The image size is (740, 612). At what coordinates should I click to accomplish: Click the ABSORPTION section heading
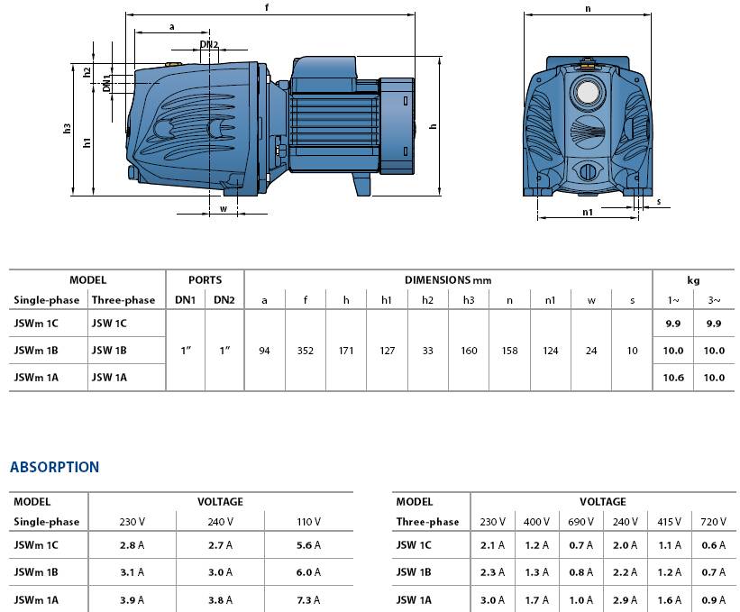54,467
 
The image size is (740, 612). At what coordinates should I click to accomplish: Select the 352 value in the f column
306,351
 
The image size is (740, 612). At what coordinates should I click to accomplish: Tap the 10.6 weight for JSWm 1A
673,378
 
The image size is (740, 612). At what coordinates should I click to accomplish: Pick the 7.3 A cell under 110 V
308,599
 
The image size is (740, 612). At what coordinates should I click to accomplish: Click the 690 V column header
580,521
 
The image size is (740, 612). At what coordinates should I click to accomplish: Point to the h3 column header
469,300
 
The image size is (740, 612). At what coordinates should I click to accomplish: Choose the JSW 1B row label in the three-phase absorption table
414,572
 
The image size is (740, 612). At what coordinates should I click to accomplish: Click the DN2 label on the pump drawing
209,44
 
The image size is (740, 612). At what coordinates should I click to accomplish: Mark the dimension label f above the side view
267,7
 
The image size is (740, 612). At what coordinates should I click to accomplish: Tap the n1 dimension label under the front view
588,212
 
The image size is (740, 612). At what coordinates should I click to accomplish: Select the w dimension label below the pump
224,208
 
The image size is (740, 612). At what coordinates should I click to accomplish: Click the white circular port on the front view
587,93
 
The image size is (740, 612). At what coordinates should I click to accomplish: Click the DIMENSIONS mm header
448,279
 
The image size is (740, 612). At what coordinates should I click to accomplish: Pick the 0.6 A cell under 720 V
713,545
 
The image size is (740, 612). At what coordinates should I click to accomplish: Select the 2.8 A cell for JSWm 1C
132,545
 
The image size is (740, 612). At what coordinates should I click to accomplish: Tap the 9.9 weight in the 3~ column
714,324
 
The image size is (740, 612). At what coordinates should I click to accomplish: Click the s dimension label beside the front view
659,202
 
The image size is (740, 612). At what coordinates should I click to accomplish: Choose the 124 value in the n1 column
551,351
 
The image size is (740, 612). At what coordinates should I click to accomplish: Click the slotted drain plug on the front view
587,171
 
